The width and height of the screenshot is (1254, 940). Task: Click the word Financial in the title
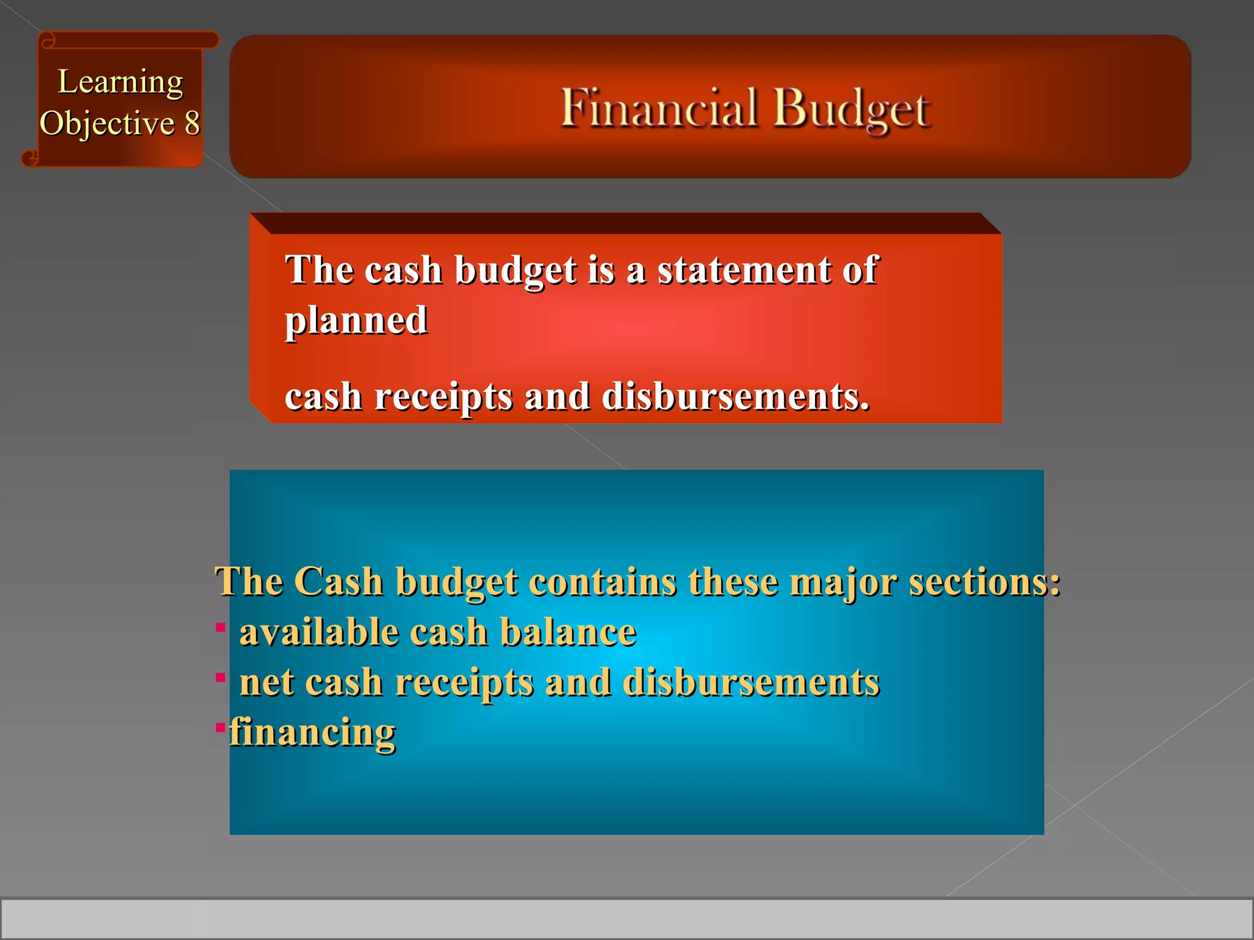659,108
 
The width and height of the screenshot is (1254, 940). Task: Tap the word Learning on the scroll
120,83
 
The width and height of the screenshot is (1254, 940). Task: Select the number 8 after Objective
192,123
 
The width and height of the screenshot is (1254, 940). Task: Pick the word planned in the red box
356,321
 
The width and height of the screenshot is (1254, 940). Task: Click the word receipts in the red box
443,398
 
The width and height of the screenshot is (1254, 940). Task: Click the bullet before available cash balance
221,627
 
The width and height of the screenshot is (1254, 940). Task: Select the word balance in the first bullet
568,632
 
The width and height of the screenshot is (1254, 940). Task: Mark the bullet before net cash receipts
221,677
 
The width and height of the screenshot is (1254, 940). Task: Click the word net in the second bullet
266,683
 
